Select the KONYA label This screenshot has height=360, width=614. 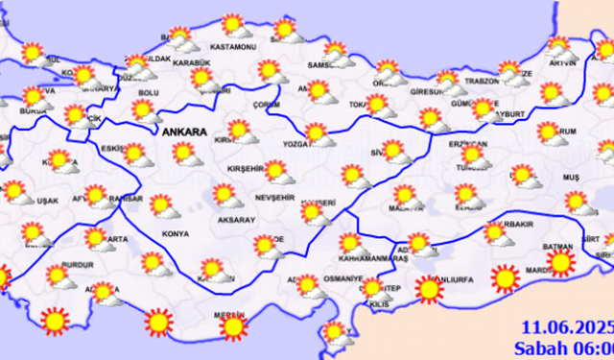[x=176, y=231]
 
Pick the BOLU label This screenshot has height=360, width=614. [x=149, y=92]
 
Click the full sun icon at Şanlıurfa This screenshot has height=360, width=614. [x=429, y=288]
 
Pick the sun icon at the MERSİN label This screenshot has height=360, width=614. [x=232, y=327]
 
